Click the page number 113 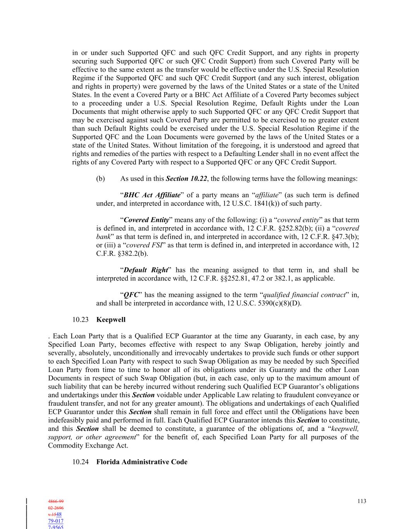(361, 501)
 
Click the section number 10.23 (80, 320)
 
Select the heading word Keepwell (111, 320)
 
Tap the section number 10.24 (80, 462)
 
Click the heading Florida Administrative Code (142, 462)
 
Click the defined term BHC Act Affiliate (152, 195)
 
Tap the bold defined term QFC (131, 295)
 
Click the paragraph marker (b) (100, 179)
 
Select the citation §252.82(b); (293, 229)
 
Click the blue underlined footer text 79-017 (56, 521)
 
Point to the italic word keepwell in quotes (345, 429)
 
